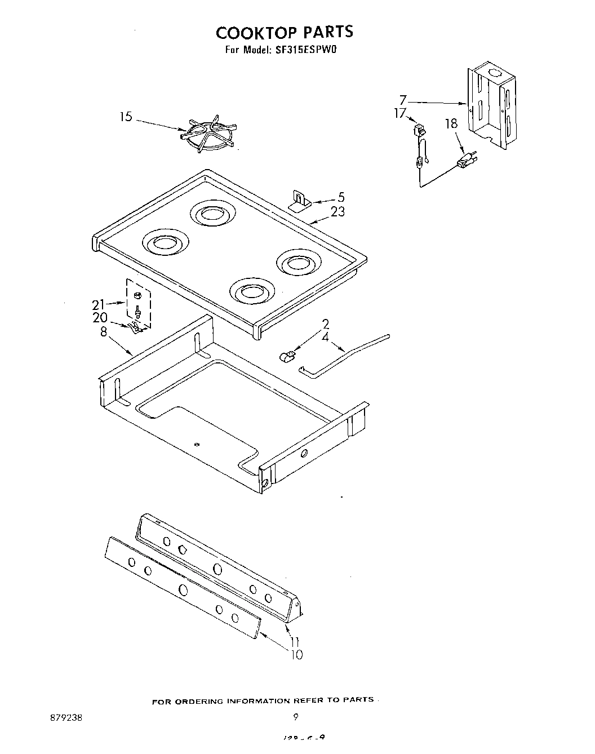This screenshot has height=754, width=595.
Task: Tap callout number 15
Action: pyautogui.click(x=126, y=117)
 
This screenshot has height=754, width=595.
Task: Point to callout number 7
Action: pyautogui.click(x=403, y=100)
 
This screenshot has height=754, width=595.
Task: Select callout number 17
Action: pyautogui.click(x=399, y=114)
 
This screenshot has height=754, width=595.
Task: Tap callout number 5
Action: pyautogui.click(x=341, y=198)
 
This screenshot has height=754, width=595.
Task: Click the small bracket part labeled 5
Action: pyautogui.click(x=299, y=200)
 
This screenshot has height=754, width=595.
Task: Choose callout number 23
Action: pyautogui.click(x=338, y=212)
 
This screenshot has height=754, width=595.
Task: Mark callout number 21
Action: pyautogui.click(x=98, y=305)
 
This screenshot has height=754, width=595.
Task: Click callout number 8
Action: pyautogui.click(x=103, y=332)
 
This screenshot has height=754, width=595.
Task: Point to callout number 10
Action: pyautogui.click(x=295, y=654)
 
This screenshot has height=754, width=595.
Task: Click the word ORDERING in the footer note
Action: pyautogui.click(x=198, y=702)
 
